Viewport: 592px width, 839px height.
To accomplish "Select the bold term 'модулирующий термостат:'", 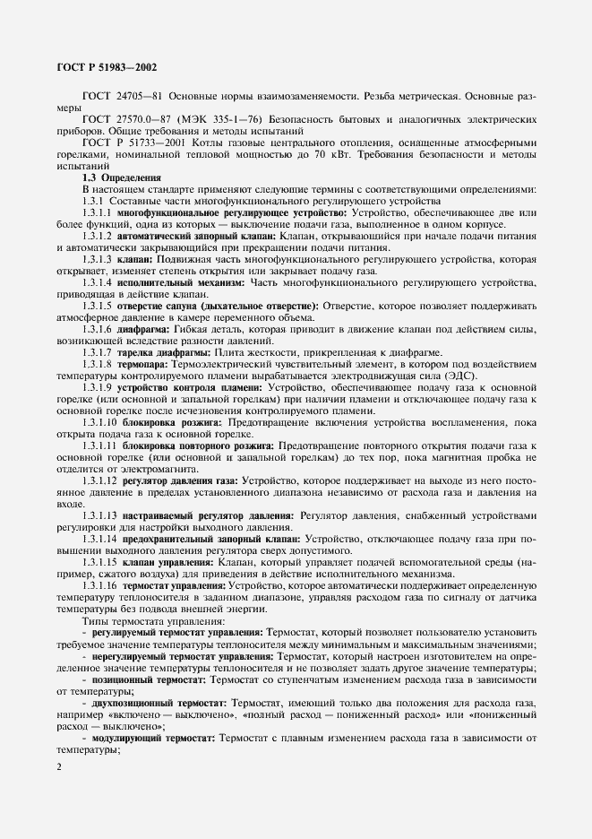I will coord(158,737).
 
